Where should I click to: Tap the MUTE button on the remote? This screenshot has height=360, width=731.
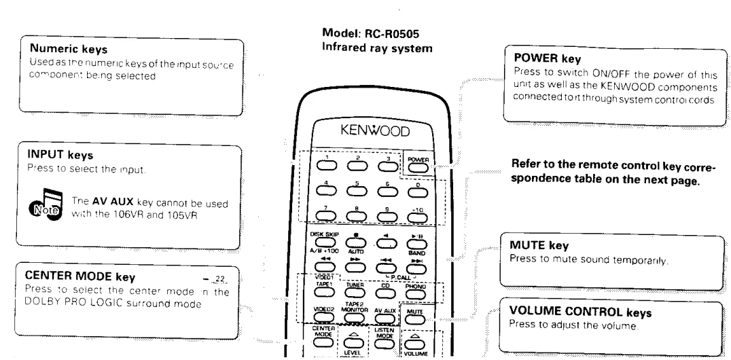click(415, 317)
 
